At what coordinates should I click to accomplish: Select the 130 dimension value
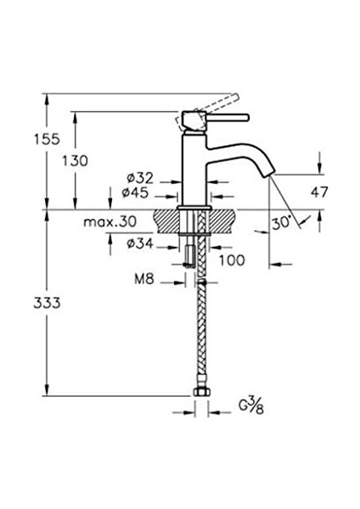pyautogui.click(x=96, y=158)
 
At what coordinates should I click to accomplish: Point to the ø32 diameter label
pyautogui.click(x=139, y=178)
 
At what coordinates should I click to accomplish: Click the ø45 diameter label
pyautogui.click(x=139, y=193)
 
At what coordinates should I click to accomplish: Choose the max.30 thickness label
pyautogui.click(x=110, y=222)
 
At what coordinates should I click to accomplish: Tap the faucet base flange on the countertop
pyautogui.click(x=194, y=206)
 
